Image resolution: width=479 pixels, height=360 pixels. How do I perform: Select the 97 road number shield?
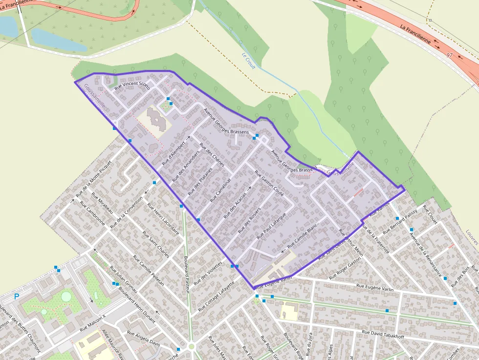click(450, 56)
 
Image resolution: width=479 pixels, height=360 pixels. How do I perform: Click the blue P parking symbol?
click(17, 296)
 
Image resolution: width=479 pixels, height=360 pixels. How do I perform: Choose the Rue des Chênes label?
click(212, 154)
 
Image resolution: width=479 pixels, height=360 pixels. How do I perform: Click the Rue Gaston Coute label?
click(269, 183)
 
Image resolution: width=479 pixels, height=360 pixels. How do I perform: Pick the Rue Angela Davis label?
click(143, 338)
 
